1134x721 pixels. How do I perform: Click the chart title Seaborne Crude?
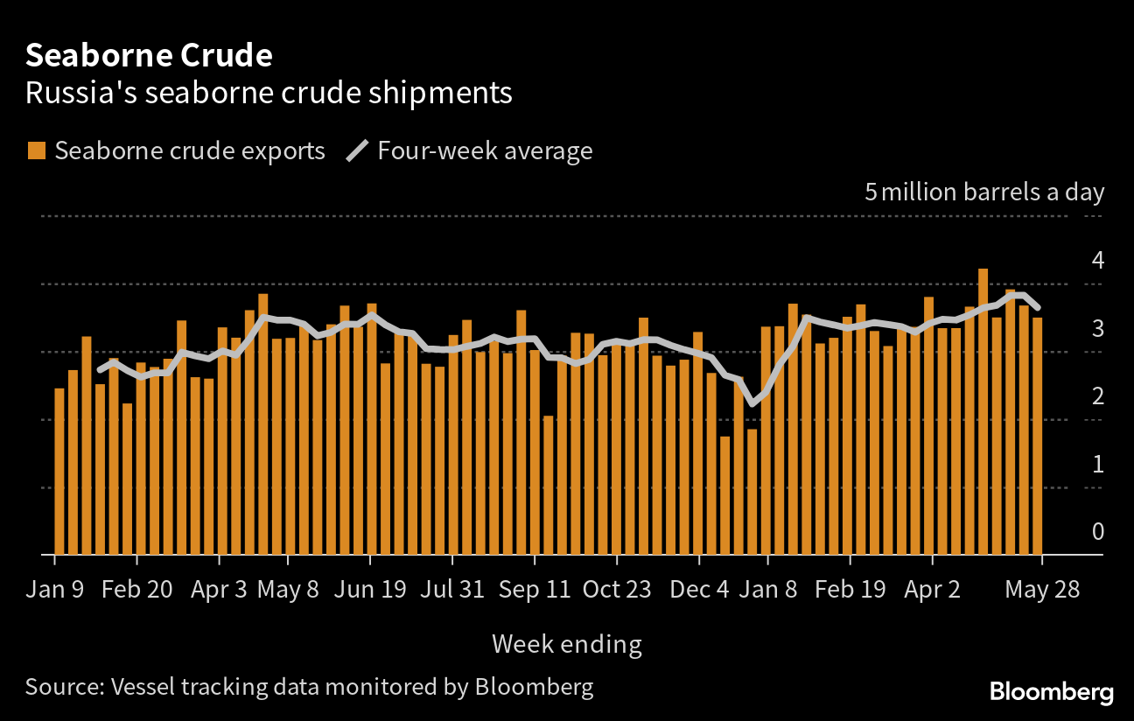pos(149,56)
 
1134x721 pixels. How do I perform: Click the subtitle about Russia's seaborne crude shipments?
pos(269,93)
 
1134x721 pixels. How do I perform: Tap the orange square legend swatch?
pos(36,150)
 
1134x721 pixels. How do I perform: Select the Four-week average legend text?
pos(485,150)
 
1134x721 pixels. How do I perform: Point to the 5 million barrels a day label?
pos(984,192)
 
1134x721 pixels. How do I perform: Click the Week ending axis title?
pos(567,645)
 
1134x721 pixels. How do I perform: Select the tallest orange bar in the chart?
pos(983,411)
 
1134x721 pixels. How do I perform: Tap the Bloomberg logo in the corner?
pos(1052,692)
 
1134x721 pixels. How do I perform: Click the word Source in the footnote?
pos(60,686)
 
